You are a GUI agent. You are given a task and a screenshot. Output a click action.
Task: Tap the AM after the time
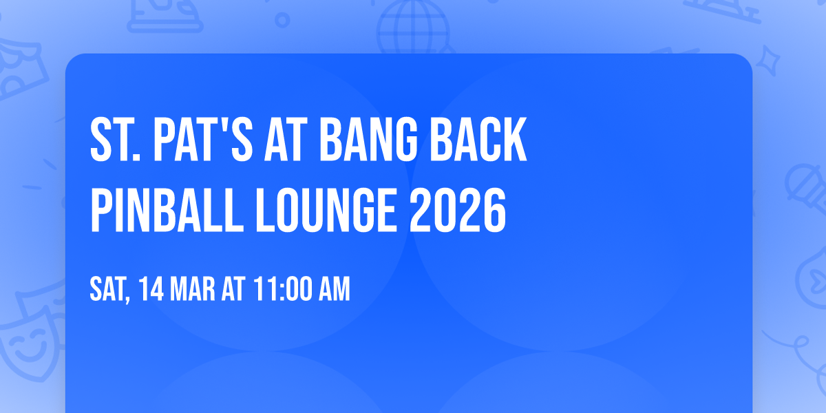click(x=333, y=290)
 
